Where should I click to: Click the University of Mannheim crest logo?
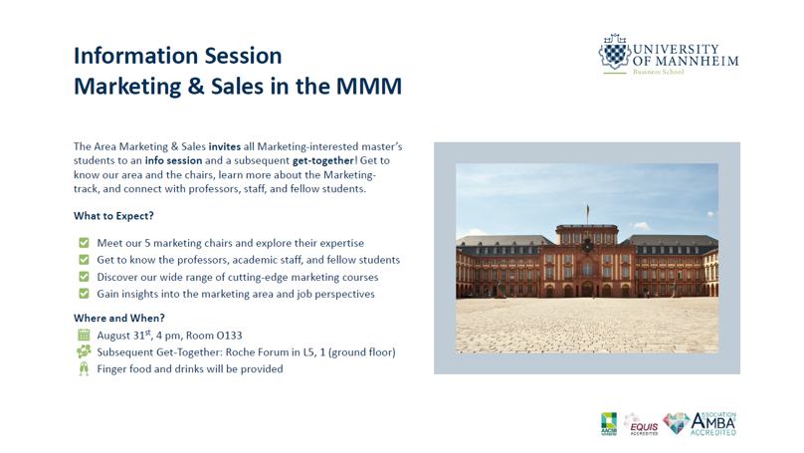click(614, 52)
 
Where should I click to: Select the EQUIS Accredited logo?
click(641, 425)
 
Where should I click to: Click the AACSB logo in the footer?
click(609, 424)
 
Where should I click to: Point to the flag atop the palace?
click(588, 210)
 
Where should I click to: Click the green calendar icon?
click(84, 335)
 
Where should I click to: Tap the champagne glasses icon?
click(84, 368)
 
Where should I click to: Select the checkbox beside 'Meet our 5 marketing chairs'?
click(84, 243)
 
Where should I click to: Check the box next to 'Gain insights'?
click(84, 294)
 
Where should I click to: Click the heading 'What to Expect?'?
click(113, 216)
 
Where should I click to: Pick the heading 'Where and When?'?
click(119, 318)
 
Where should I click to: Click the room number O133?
click(229, 336)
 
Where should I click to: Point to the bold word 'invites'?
click(225, 146)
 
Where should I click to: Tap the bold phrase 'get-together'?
click(323, 160)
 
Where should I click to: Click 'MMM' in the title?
click(369, 87)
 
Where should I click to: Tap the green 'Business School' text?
click(658, 72)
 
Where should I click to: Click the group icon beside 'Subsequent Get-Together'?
click(84, 351)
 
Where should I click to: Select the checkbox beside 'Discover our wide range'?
click(84, 277)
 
